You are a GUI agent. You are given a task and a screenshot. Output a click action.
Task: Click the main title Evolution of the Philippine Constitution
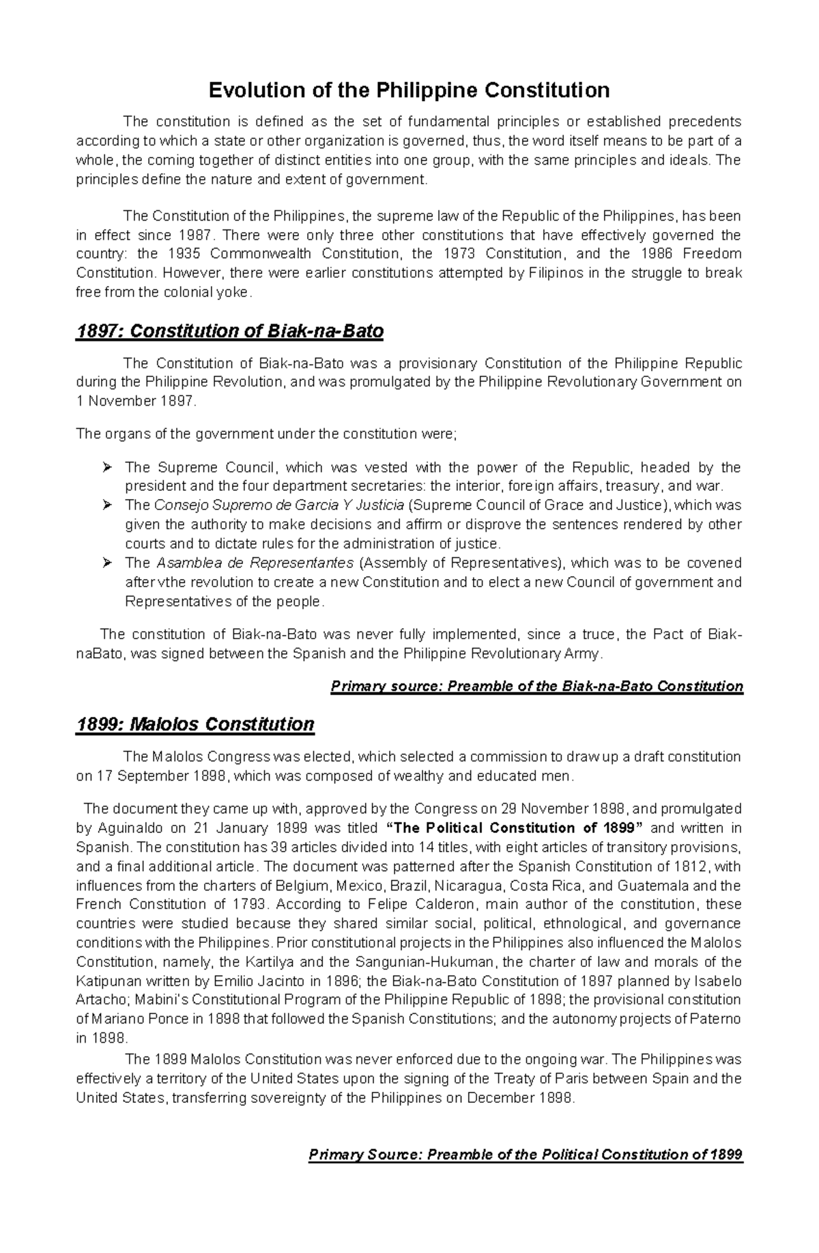click(409, 90)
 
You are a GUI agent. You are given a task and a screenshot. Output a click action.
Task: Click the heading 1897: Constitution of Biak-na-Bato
click(229, 332)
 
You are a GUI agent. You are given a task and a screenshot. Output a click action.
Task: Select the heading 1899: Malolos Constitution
click(195, 724)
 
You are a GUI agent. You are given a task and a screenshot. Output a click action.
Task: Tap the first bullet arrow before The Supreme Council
click(106, 468)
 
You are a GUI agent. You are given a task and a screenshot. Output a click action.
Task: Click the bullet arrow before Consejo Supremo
click(106, 506)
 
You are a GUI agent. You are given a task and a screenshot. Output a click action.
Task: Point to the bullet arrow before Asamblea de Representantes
click(106, 563)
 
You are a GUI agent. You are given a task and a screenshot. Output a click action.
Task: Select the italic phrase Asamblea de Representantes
click(255, 563)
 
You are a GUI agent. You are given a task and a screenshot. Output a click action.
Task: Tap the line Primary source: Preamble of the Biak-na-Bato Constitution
click(536, 686)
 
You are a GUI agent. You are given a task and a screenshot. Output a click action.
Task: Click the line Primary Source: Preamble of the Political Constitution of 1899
click(525, 1155)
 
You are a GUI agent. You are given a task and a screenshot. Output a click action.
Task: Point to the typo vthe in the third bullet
click(169, 582)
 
